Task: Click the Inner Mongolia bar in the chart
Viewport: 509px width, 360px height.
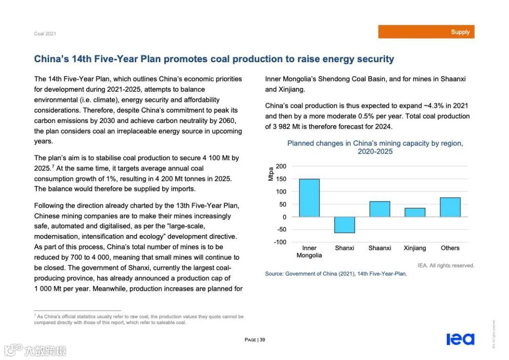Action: coord(309,198)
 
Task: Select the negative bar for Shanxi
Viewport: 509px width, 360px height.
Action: coord(345,225)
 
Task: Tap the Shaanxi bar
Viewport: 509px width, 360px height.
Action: coord(379,209)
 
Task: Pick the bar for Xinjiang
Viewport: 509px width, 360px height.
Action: coord(415,213)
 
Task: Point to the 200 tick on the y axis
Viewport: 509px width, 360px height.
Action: coord(281,166)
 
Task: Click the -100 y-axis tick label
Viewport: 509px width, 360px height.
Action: coord(280,242)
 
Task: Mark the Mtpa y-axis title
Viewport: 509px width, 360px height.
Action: coord(271,174)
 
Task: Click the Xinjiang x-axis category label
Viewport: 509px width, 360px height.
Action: coord(415,248)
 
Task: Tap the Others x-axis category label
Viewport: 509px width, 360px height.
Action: coord(450,248)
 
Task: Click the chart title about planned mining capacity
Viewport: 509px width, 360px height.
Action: coord(375,147)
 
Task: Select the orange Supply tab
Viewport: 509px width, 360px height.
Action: coord(426,32)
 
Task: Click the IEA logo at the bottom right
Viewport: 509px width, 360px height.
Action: coord(460,339)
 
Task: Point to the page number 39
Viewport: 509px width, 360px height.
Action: coord(263,340)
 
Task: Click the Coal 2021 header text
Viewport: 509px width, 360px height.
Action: coord(45,34)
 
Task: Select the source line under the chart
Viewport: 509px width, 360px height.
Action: coord(336,274)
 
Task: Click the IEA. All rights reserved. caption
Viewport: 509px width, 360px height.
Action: coord(446,266)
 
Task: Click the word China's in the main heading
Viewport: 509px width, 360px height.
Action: coord(51,59)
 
